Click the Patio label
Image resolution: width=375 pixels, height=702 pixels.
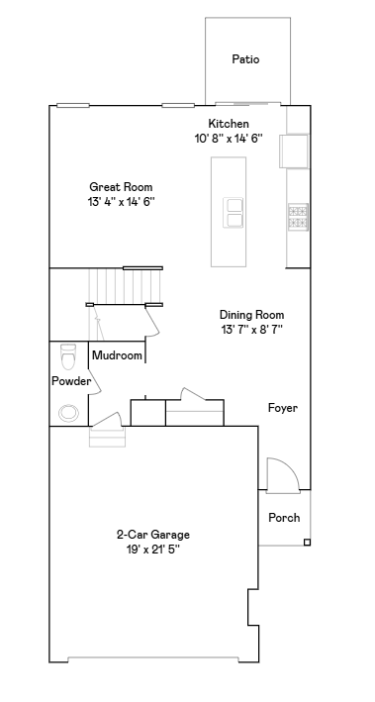tap(245, 59)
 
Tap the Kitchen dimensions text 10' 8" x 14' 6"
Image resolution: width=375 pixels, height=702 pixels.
tap(229, 139)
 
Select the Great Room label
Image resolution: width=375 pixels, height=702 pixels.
tap(121, 187)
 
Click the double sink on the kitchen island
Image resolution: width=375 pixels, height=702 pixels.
tap(234, 213)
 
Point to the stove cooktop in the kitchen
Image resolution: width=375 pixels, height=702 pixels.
tap(298, 217)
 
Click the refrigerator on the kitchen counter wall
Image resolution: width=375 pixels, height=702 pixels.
tap(294, 150)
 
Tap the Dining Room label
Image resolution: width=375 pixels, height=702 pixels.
tap(251, 315)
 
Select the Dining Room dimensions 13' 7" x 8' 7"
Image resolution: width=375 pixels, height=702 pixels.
tap(251, 330)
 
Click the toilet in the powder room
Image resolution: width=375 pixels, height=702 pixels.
tap(68, 356)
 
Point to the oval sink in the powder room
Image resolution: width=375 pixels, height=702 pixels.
tap(68, 413)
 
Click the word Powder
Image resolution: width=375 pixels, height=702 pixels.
tap(71, 381)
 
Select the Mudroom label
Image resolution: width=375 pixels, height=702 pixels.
tap(117, 355)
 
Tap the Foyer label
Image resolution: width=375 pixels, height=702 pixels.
tap(283, 408)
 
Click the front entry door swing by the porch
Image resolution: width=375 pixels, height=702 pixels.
tap(283, 475)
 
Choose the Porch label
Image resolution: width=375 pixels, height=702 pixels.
tap(284, 518)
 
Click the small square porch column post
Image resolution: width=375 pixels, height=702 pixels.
tap(307, 543)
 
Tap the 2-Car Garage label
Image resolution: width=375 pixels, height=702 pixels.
tap(153, 535)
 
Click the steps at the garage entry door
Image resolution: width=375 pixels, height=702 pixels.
tap(108, 437)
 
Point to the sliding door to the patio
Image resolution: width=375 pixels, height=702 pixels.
tap(247, 104)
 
